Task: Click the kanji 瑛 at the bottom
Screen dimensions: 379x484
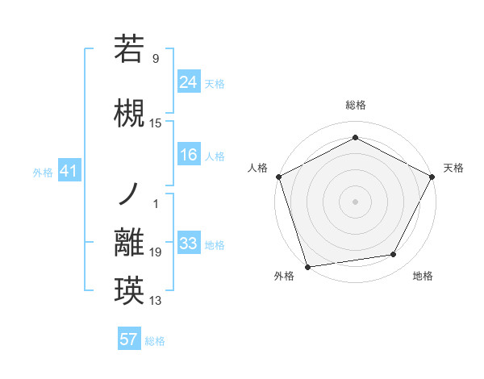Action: pyautogui.click(x=129, y=289)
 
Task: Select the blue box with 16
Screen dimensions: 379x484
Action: pyautogui.click(x=188, y=155)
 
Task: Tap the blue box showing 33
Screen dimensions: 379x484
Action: pyautogui.click(x=188, y=244)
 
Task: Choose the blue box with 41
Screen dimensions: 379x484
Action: pyautogui.click(x=69, y=171)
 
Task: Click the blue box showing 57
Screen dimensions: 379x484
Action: pyautogui.click(x=129, y=339)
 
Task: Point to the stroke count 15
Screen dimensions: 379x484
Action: pyautogui.click(x=156, y=123)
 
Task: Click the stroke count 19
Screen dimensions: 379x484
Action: pyautogui.click(x=156, y=253)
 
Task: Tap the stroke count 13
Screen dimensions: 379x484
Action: pyautogui.click(x=156, y=302)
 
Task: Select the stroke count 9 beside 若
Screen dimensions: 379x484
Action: pyautogui.click(x=156, y=58)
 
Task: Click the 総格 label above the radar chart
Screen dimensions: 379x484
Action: pyautogui.click(x=355, y=105)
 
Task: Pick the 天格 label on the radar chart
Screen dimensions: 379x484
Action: pyautogui.click(x=453, y=168)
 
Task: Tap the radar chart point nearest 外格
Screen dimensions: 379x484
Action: pyautogui.click(x=307, y=266)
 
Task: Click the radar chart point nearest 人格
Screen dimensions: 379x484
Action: pyautogui.click(x=278, y=176)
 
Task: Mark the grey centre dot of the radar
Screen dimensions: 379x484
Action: pyautogui.click(x=355, y=201)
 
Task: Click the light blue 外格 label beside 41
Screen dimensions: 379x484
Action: pyautogui.click(x=43, y=172)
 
